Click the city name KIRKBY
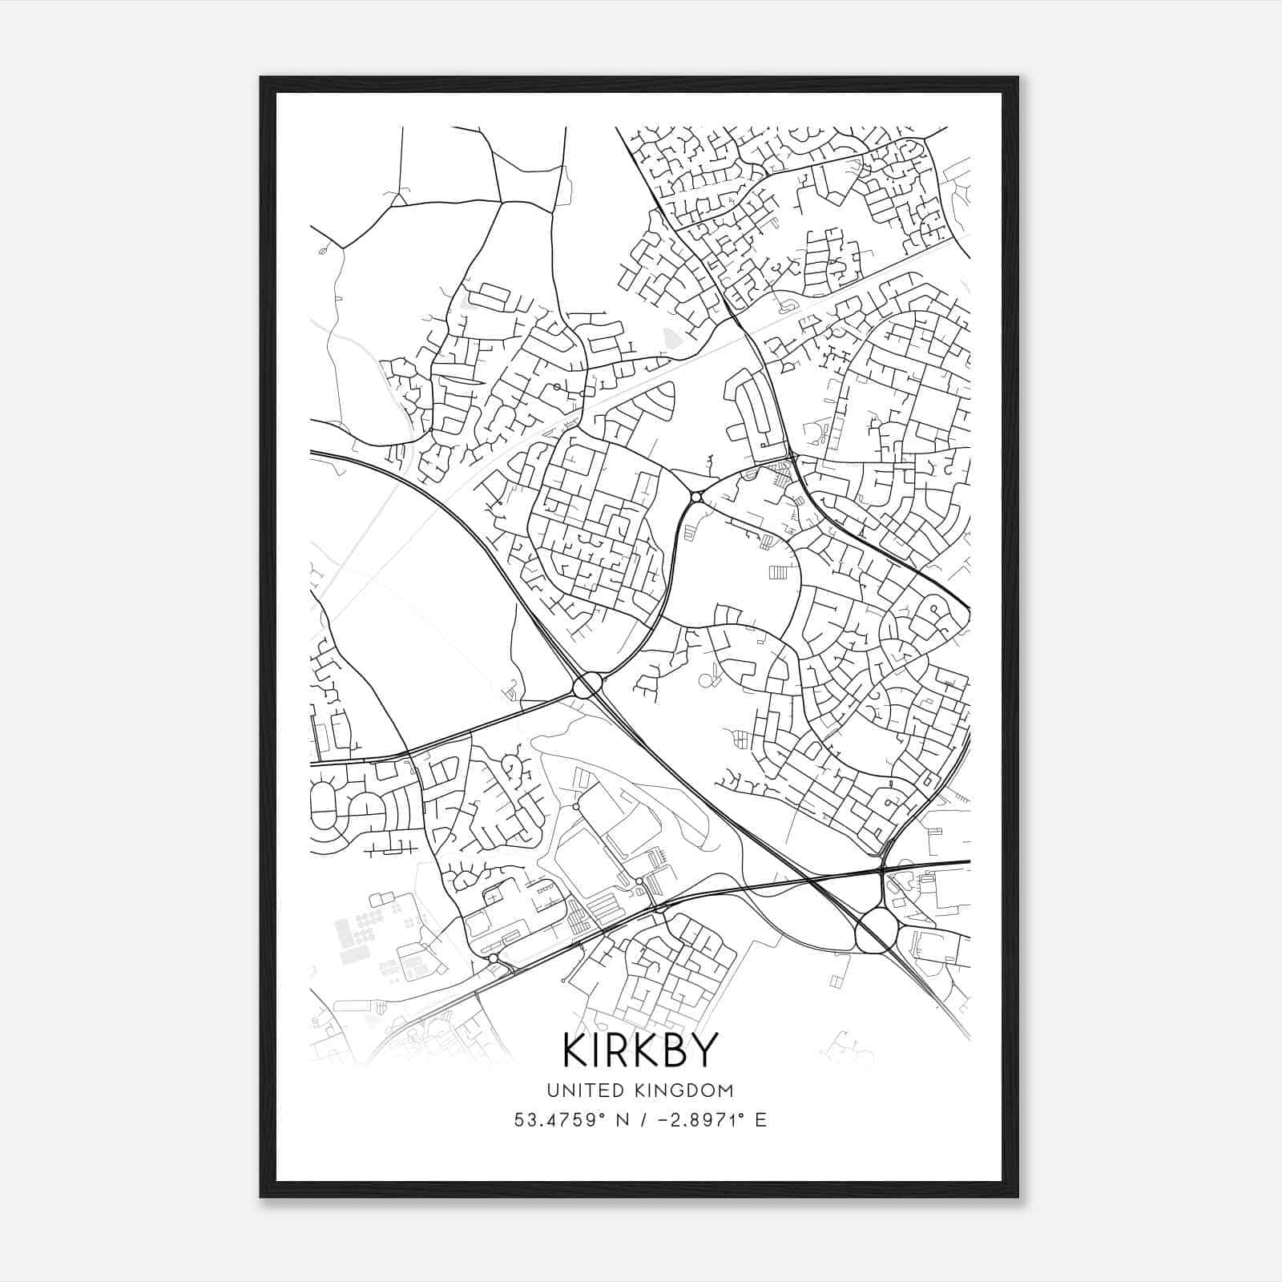pyautogui.click(x=639, y=1050)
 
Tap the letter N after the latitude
pyautogui.click(x=622, y=1120)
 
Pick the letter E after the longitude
pyautogui.click(x=760, y=1120)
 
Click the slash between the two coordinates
pyautogui.click(x=642, y=1120)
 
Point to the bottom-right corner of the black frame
pyautogui.click(x=1017, y=1196)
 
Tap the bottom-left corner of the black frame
pyautogui.click(x=261, y=1196)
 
